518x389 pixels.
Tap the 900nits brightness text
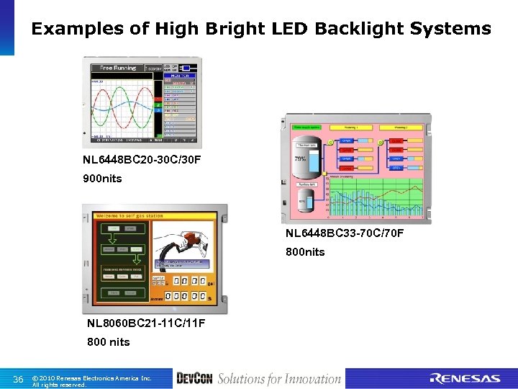click(x=102, y=178)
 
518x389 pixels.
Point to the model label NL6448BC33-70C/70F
click(x=345, y=233)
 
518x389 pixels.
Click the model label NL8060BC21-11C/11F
click(x=146, y=323)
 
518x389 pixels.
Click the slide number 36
click(x=19, y=379)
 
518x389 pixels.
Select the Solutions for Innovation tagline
click(x=279, y=379)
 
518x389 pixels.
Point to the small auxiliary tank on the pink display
click(x=304, y=196)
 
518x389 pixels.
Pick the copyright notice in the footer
click(x=91, y=380)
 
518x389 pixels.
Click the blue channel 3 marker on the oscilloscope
click(x=158, y=111)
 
